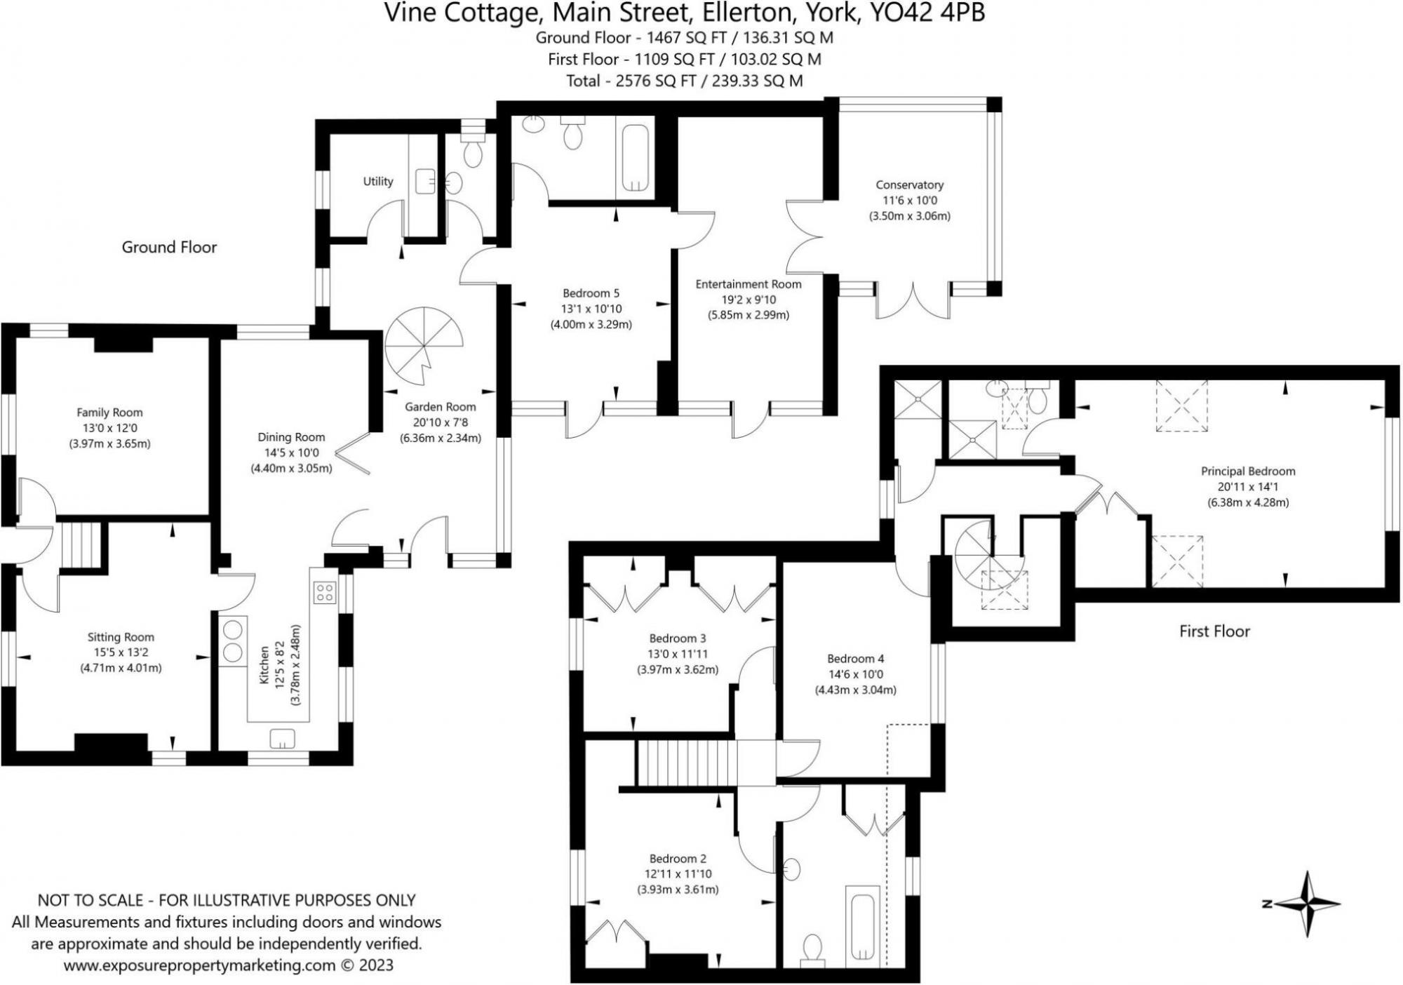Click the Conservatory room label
click(909, 185)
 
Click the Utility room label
click(377, 181)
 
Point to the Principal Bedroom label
click(1248, 471)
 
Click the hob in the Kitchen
click(324, 592)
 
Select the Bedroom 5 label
click(591, 293)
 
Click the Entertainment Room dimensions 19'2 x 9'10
click(748, 300)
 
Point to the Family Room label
click(109, 413)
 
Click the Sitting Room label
click(121, 637)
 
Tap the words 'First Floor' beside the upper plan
click(1214, 631)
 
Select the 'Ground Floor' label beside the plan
click(169, 247)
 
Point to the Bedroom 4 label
click(855, 659)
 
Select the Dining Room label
click(291, 437)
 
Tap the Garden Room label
click(440, 407)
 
